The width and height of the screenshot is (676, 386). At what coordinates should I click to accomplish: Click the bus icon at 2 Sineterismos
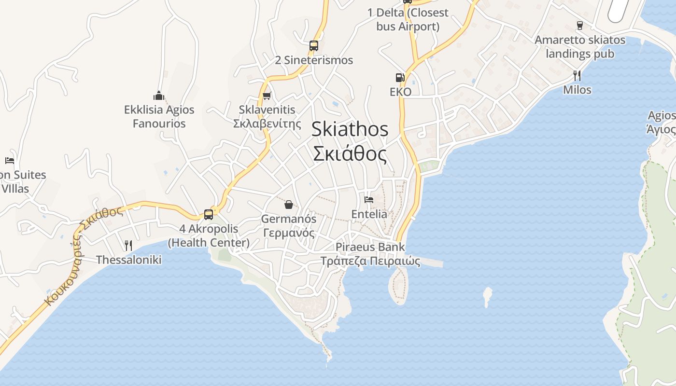click(x=314, y=46)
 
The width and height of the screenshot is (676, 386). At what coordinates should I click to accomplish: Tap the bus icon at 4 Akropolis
click(x=209, y=214)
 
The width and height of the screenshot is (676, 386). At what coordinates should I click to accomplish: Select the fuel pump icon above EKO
click(x=400, y=77)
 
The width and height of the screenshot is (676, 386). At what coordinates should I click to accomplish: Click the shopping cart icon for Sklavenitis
click(x=267, y=96)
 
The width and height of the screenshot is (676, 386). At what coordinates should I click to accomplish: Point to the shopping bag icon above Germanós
click(x=289, y=205)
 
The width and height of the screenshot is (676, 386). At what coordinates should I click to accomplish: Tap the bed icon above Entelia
click(x=369, y=199)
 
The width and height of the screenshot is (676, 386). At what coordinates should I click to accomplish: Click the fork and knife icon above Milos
click(x=577, y=75)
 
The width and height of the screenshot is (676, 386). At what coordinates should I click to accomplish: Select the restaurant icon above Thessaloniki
click(x=128, y=246)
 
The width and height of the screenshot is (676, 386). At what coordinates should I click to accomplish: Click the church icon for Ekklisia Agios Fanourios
click(x=159, y=95)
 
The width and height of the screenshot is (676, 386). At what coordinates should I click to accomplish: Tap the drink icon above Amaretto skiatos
click(x=580, y=25)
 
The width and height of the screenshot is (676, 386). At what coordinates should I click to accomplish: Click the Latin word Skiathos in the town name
click(x=350, y=129)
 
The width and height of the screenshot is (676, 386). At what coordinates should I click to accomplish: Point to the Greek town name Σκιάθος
click(x=350, y=154)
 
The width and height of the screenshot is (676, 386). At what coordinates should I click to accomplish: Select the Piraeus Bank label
click(x=370, y=247)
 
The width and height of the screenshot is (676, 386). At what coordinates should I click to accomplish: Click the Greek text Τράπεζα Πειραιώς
click(x=370, y=262)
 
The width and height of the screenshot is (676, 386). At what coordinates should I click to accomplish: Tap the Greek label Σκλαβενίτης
click(x=267, y=124)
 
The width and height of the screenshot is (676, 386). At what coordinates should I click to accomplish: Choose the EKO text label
click(x=400, y=92)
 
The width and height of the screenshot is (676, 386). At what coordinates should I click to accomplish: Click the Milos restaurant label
click(x=577, y=90)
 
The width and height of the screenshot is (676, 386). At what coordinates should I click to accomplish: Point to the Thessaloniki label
click(x=128, y=260)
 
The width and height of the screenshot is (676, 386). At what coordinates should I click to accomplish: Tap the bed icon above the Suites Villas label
click(x=10, y=160)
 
